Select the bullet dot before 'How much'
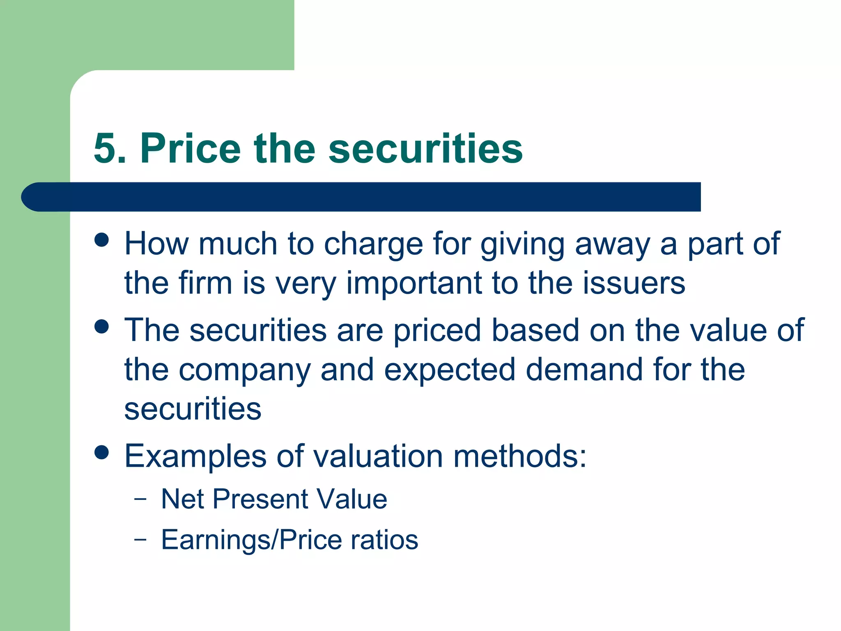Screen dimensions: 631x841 tap(101, 240)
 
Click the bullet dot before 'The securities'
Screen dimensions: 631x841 tap(101, 327)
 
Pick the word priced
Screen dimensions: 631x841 tap(437, 331)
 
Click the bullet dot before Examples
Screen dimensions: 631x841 tap(101, 452)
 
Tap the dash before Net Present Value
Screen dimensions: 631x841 tap(140, 500)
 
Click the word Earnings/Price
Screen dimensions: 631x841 tap(251, 540)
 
